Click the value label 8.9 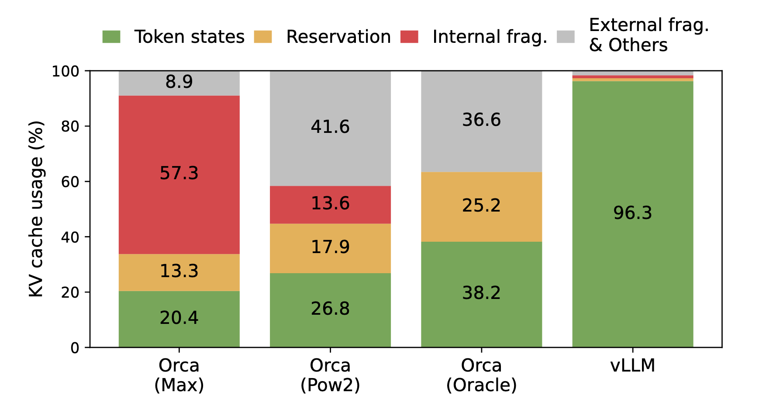179,82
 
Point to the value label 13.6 330,204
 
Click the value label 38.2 481,292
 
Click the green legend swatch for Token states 111,37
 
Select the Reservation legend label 338,37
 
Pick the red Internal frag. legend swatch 409,37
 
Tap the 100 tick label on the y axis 66,71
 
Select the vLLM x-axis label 632,365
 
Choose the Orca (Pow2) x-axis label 330,375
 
